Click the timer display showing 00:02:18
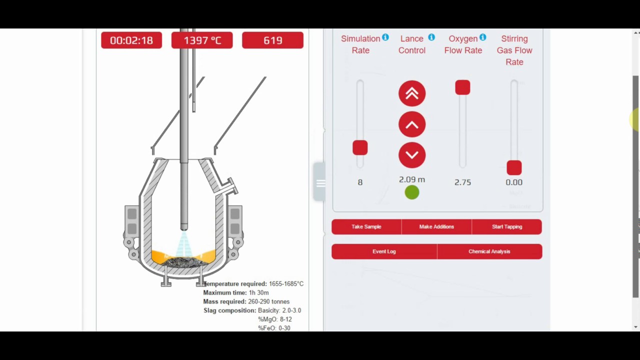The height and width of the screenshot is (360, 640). [131, 40]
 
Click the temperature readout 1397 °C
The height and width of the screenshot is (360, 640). [202, 40]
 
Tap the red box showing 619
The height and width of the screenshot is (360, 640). [272, 40]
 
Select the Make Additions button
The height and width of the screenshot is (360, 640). [436, 226]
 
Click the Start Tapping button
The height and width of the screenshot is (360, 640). [506, 226]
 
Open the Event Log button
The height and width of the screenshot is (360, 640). [384, 251]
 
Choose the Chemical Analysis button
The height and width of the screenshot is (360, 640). [489, 251]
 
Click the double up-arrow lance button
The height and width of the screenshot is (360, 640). [412, 93]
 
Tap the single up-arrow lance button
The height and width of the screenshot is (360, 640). [412, 124]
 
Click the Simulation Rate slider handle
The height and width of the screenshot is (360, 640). [360, 148]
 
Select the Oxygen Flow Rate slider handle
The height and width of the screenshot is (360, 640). [462, 87]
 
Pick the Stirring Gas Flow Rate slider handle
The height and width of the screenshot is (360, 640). [514, 167]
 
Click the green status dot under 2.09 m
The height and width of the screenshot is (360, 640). [412, 192]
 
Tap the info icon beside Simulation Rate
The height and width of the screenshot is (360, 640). [385, 37]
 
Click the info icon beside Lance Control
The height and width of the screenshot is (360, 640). [431, 37]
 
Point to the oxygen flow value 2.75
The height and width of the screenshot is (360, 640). [462, 182]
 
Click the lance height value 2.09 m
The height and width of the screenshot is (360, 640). [412, 179]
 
